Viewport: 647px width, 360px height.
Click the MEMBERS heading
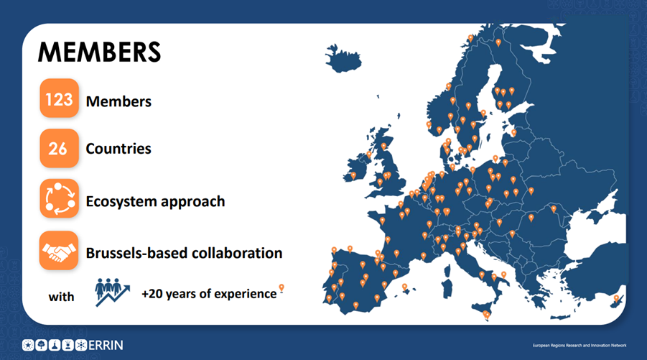pyautogui.click(x=99, y=52)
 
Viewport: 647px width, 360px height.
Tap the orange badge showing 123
pyautogui.click(x=59, y=98)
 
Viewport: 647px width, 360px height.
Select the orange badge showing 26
pyautogui.click(x=59, y=148)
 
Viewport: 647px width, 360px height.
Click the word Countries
pyautogui.click(x=118, y=149)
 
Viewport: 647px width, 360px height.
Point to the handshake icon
pyautogui.click(x=59, y=251)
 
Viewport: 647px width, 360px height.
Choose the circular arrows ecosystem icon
pyautogui.click(x=59, y=198)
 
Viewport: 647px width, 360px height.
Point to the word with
pyautogui.click(x=62, y=297)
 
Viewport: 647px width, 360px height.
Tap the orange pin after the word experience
pyautogui.click(x=281, y=287)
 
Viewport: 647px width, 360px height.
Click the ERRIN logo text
pyautogui.click(x=106, y=345)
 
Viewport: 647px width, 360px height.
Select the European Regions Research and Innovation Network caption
pyautogui.click(x=579, y=346)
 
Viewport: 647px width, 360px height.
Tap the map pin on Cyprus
pyautogui.click(x=616, y=298)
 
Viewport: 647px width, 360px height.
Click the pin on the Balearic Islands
pyautogui.click(x=404, y=287)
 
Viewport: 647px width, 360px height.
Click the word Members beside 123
pyautogui.click(x=118, y=101)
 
